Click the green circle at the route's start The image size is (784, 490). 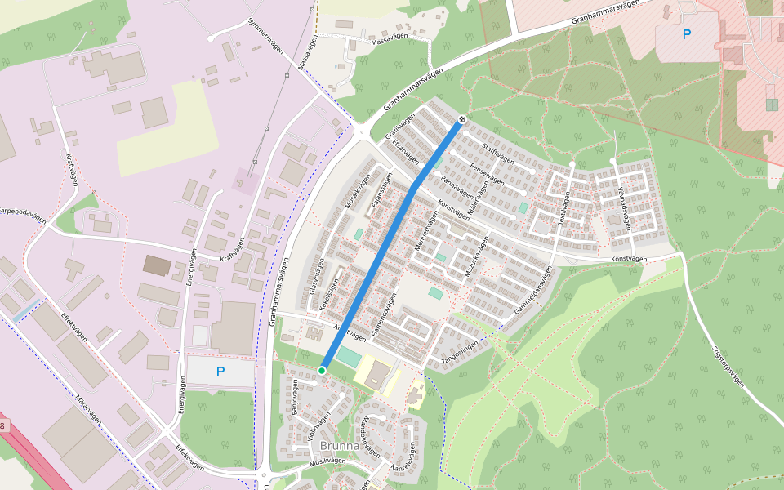tap(322, 371)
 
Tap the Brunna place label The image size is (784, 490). tap(340, 446)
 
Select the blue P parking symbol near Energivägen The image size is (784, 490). tap(220, 372)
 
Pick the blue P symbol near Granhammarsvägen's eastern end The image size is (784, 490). tap(686, 34)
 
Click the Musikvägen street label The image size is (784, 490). tap(327, 461)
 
